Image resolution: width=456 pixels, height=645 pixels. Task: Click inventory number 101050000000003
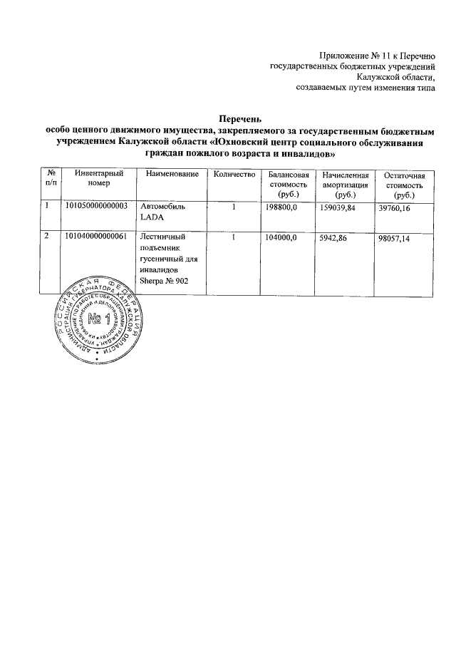(x=95, y=206)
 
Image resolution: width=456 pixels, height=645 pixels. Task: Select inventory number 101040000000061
(x=95, y=237)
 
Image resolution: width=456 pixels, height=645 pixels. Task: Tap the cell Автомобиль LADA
(x=163, y=211)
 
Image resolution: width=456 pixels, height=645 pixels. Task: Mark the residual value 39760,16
(x=395, y=206)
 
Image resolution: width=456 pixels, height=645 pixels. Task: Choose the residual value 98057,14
(x=395, y=237)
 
